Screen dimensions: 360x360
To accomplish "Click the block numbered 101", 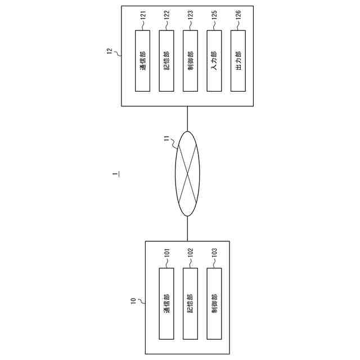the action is (x=167, y=303).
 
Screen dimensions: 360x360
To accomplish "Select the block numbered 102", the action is (x=191, y=303).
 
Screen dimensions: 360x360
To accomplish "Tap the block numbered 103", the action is (x=214, y=303).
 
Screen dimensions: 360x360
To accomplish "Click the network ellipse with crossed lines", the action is (x=187, y=174).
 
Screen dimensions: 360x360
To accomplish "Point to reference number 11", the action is (x=166, y=137).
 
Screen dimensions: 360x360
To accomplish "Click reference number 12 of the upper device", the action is (x=109, y=52).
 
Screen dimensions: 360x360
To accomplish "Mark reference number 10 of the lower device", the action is (x=133, y=301).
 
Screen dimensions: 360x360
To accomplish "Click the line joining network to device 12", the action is (x=187, y=119).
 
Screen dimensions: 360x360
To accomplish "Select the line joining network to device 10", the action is (x=187, y=228).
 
